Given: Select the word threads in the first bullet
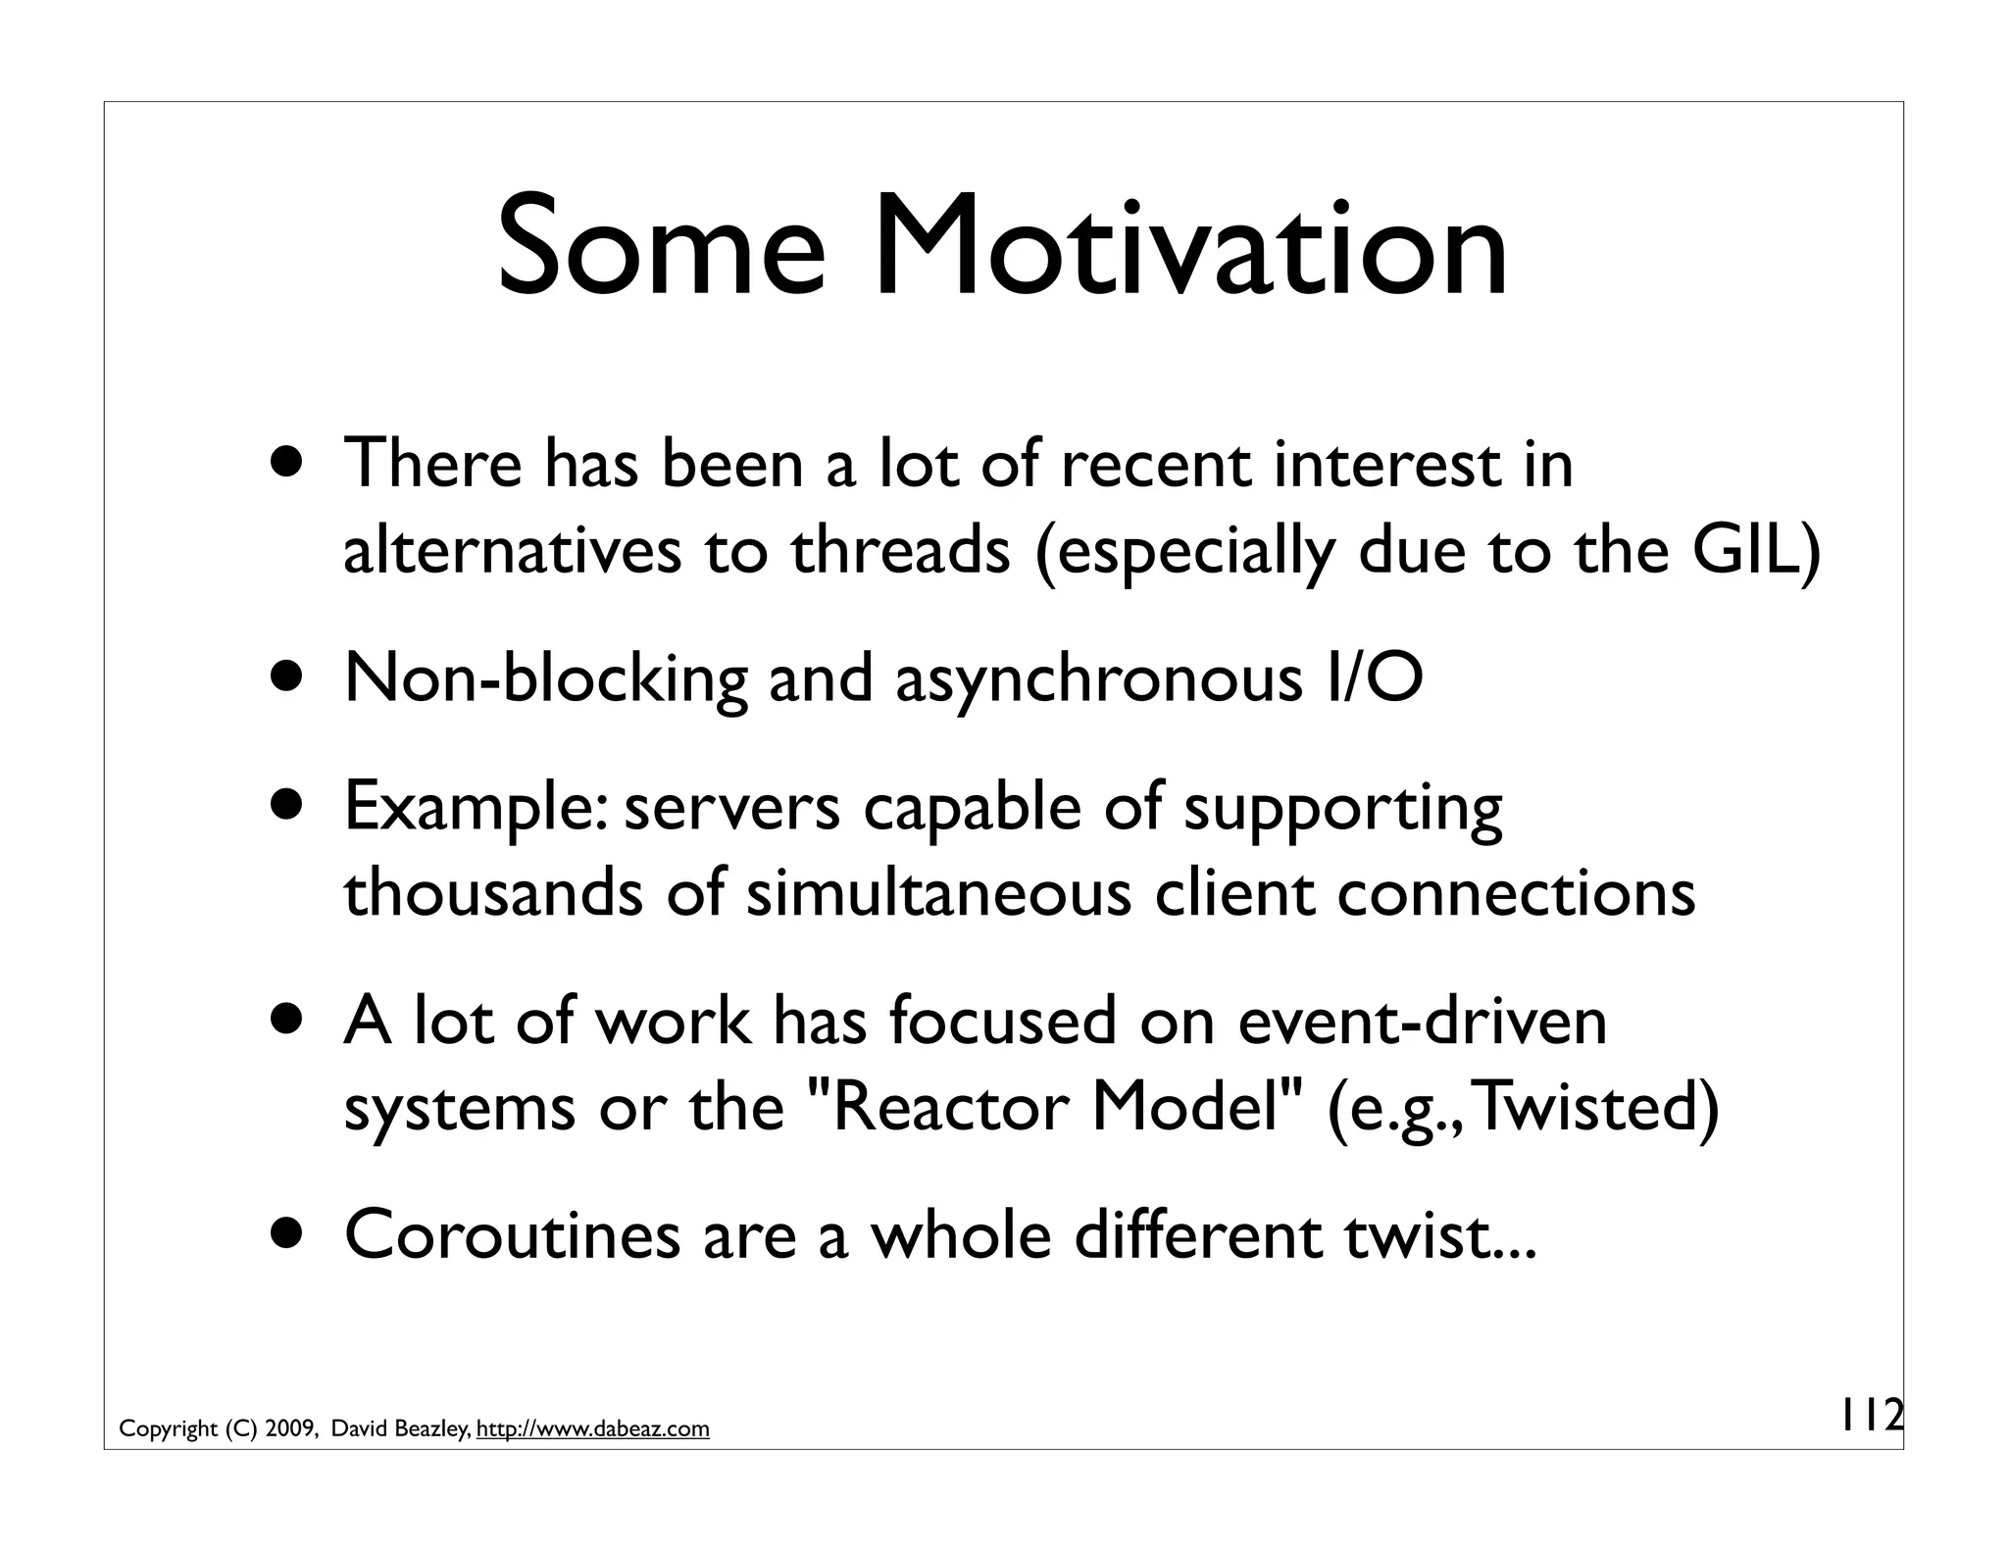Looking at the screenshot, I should [900, 550].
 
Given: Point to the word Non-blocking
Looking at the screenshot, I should [545, 678].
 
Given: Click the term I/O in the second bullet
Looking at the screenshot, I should [1372, 678].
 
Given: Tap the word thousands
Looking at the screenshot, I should [492, 893].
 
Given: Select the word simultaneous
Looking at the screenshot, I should [938, 893].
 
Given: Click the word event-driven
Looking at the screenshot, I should [1423, 1022].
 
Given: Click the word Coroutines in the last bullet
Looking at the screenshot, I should [512, 1235].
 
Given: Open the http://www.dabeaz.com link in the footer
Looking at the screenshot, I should [592, 1429].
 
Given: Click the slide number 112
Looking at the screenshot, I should [1869, 1416].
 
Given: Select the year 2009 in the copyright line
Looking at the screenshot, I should [288, 1429].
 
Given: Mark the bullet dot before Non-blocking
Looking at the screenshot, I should [287, 678].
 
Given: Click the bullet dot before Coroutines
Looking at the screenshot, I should [287, 1235].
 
